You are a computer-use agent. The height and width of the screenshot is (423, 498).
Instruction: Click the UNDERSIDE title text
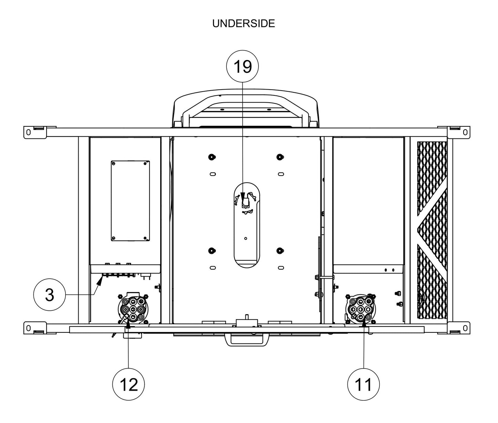point(243,23)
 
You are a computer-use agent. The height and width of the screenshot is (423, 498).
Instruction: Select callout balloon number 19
point(243,66)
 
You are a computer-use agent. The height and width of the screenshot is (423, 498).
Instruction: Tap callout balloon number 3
point(49,295)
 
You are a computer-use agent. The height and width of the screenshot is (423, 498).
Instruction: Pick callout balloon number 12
point(129,384)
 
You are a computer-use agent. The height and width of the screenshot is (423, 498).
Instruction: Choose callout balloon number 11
point(364,384)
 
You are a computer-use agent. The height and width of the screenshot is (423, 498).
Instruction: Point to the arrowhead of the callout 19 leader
point(243,195)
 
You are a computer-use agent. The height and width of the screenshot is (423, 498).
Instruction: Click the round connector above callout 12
point(132,309)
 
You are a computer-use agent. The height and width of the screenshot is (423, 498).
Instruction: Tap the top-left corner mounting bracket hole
point(28,132)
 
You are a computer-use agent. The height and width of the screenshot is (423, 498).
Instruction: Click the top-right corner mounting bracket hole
point(465,132)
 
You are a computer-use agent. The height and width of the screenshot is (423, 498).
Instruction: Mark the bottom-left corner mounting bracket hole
point(28,328)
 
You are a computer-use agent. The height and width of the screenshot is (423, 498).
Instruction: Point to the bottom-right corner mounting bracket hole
point(465,328)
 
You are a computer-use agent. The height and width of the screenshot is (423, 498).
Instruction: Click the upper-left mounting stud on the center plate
point(212,157)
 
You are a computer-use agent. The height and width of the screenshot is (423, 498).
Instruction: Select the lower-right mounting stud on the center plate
point(280,251)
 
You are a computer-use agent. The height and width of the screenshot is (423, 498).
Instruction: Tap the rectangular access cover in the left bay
point(130,201)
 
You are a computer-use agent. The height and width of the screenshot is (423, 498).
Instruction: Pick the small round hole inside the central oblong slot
point(245,238)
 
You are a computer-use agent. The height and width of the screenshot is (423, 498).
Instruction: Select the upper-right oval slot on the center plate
point(281,174)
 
